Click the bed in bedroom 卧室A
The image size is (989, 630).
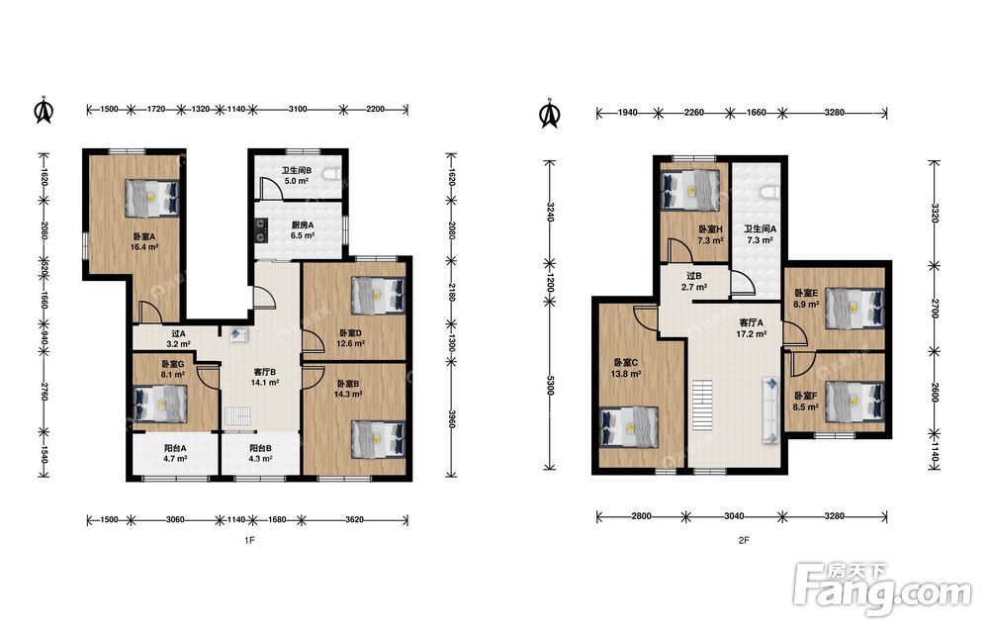coord(152,196)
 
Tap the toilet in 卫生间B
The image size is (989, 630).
coord(331,174)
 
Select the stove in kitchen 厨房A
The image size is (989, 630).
coord(260,230)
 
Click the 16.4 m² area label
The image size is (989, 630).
coord(143,247)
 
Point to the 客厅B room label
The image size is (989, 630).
coord(265,372)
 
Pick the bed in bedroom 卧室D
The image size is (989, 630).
coord(378,295)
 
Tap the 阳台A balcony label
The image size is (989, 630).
coord(175,448)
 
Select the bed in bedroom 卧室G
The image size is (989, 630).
coord(160,404)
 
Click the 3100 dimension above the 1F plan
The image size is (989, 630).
coord(298,109)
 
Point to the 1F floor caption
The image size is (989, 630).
coord(249,540)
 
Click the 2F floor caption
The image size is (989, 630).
coord(744,540)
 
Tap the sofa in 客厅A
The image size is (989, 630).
coord(769,409)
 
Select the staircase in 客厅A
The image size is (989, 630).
coord(702,405)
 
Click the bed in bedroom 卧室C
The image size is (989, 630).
coord(628,426)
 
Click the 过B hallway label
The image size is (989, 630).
coord(694,276)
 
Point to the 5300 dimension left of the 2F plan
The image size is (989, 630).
coord(550,385)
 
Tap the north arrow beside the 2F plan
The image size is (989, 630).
coord(550,114)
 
